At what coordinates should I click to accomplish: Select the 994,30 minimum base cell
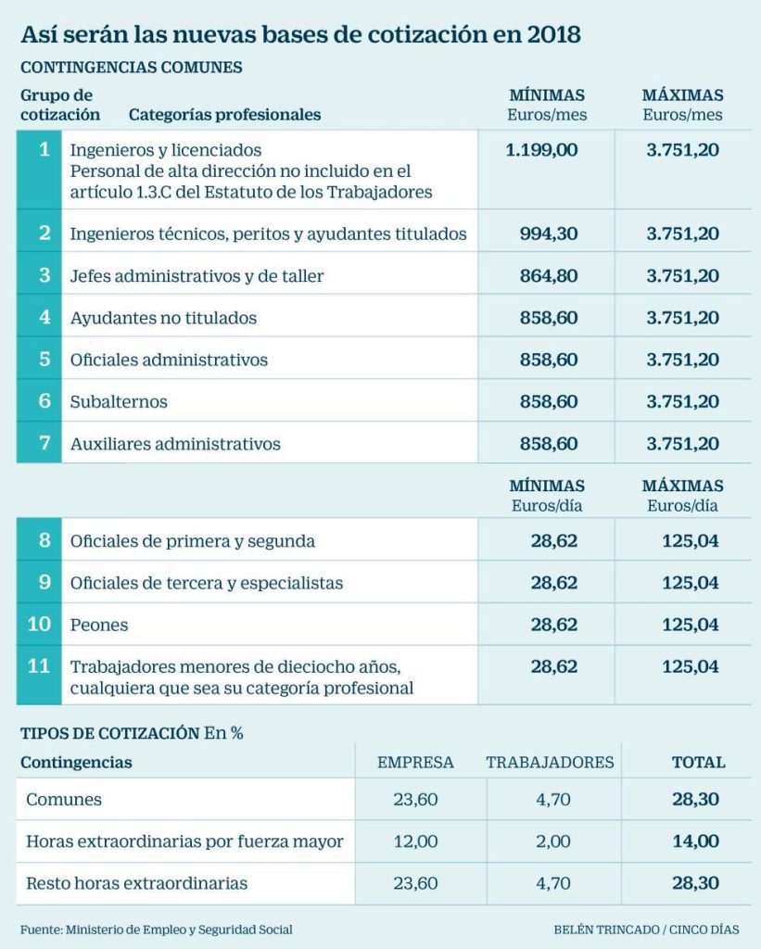[547, 234]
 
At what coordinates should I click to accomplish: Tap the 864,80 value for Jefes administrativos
[547, 275]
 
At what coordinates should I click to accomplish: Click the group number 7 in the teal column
[44, 443]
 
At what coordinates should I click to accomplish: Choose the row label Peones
[99, 625]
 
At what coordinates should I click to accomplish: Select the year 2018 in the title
[553, 35]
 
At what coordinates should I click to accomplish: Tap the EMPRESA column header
[415, 763]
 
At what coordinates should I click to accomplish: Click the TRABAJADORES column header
[550, 763]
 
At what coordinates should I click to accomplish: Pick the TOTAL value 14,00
[697, 841]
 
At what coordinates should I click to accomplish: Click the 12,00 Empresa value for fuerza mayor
[415, 841]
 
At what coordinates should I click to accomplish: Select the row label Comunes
[64, 799]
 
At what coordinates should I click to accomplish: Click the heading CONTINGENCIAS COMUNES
[132, 68]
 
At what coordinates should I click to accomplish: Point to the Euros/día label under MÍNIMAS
[547, 506]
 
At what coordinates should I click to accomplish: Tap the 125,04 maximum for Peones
[691, 625]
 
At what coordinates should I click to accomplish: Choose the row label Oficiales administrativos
[169, 360]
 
